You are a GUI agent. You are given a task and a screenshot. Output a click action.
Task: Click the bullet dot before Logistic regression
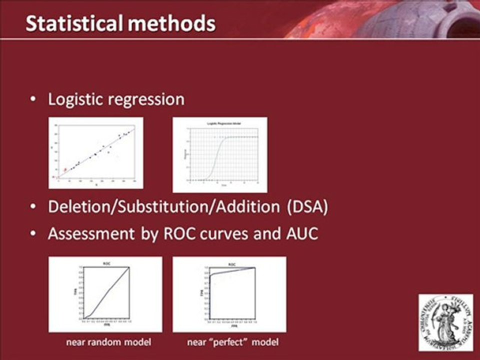click(33, 100)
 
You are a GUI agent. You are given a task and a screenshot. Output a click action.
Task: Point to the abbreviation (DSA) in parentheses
click(308, 207)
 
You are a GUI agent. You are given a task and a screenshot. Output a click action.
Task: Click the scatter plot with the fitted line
click(95, 153)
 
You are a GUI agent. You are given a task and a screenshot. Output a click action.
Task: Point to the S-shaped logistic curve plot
click(219, 154)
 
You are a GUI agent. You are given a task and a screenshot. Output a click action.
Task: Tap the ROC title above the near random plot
click(106, 263)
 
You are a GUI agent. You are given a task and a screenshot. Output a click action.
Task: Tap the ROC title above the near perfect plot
click(231, 263)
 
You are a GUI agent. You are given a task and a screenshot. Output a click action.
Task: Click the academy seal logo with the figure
click(445, 322)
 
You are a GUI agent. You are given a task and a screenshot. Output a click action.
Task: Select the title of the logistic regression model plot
click(219, 122)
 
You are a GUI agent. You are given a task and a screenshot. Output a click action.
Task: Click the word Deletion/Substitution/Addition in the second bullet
click(165, 207)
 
